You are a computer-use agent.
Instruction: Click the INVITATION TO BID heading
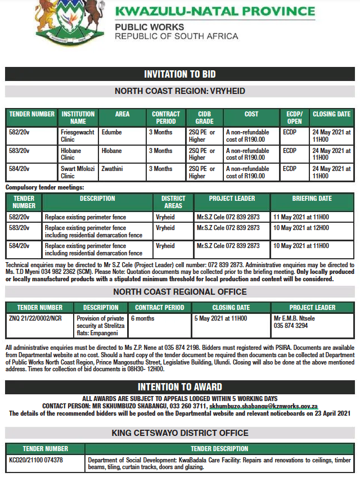(179, 74)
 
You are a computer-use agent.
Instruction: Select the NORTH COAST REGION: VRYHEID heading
(179, 91)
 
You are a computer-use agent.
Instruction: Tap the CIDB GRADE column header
(204, 118)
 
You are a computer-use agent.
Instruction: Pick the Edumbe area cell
(112, 133)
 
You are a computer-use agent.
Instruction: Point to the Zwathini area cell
(114, 169)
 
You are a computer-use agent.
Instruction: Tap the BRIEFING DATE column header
(312, 199)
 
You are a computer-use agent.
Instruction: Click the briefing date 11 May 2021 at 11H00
(301, 217)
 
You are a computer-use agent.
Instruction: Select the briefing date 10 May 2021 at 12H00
(301, 228)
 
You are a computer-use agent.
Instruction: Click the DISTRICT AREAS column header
(173, 202)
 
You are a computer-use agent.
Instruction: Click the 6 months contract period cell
(143, 318)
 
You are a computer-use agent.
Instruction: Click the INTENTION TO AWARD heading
(179, 387)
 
